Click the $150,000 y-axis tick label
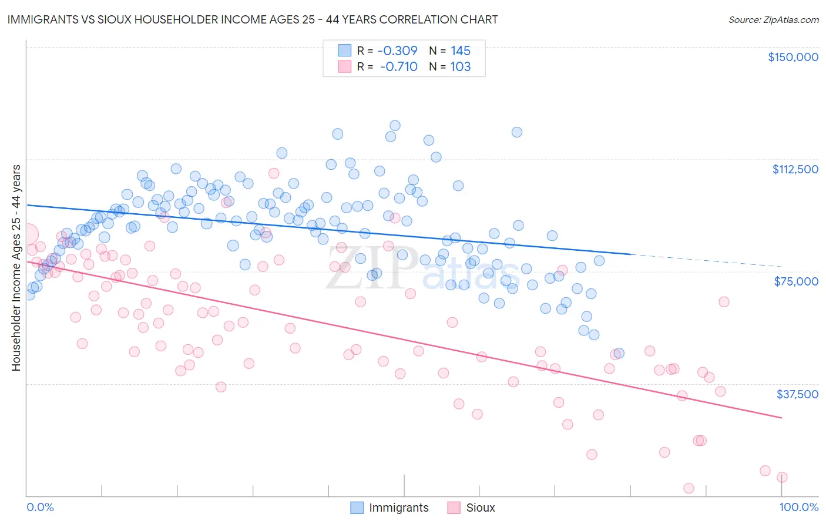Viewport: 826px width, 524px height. pos(793,57)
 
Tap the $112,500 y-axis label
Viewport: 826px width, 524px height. pos(795,169)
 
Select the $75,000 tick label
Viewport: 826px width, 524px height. pos(796,281)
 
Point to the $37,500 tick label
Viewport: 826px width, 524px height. pos(797,394)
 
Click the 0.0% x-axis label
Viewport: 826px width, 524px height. pos(40,508)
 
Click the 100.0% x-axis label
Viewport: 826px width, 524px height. pos(798,508)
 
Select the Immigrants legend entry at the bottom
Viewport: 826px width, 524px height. pos(390,508)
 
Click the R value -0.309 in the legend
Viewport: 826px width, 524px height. pos(398,51)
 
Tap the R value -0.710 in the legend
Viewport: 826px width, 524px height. pos(398,66)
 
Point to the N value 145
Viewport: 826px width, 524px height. pos(461,51)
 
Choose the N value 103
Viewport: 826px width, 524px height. pos(461,66)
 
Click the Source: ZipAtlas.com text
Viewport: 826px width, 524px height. pos(773,19)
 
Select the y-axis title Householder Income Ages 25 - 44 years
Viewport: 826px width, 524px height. pos(16,268)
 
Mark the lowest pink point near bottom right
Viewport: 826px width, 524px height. pos(689,488)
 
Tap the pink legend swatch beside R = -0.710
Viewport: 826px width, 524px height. pos(344,66)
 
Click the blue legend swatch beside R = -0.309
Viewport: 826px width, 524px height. pos(344,51)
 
